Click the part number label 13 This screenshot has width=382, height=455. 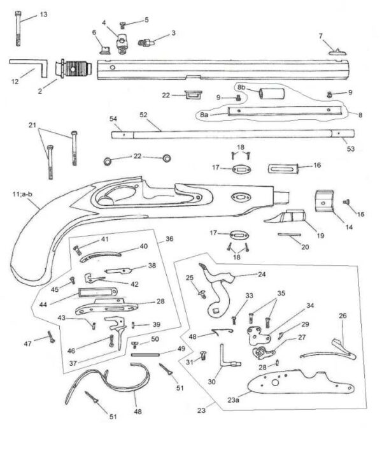point(43,14)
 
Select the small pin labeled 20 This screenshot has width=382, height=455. point(290,234)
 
